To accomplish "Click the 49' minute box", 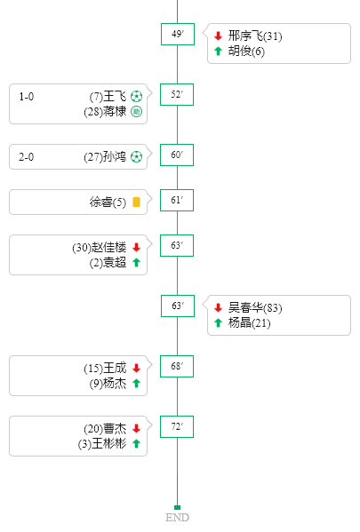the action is click(x=178, y=35).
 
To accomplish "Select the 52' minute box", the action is click(x=177, y=95).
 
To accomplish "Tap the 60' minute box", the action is click(x=177, y=155).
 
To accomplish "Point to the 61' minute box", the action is click(x=177, y=200).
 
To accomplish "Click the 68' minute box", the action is click(x=177, y=367).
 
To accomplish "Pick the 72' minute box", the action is click(x=177, y=427).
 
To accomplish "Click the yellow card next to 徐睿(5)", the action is click(x=136, y=202).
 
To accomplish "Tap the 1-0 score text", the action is click(x=26, y=97).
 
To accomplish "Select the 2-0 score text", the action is click(x=26, y=157).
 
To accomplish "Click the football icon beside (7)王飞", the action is click(x=137, y=97).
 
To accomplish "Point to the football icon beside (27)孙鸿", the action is click(x=137, y=157).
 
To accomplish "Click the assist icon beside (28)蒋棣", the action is click(x=137, y=112).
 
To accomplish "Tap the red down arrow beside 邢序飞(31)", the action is click(x=218, y=36).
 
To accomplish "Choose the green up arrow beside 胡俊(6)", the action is click(x=218, y=51).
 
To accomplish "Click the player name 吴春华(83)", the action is click(x=255, y=307).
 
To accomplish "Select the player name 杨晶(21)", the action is click(x=249, y=322).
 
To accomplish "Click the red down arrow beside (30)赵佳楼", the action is click(x=137, y=247).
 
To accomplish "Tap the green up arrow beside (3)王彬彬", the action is click(x=137, y=443).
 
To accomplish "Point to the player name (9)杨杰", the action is click(x=108, y=384).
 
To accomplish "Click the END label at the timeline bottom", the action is click(x=177, y=518).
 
